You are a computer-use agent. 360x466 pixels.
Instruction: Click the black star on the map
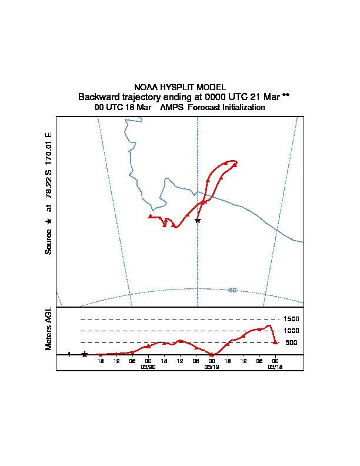pos(198,220)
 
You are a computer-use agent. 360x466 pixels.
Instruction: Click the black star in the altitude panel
pos(85,354)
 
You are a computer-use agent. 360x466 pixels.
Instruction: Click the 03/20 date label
pos(148,366)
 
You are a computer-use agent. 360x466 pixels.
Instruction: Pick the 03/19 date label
pos(211,366)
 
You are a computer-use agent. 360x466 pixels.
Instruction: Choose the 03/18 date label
pos(275,366)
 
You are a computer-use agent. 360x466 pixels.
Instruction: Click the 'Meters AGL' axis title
pos(49,329)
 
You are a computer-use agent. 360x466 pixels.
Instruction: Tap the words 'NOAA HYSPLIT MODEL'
pos(180,87)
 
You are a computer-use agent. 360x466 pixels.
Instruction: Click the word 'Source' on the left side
pos(49,241)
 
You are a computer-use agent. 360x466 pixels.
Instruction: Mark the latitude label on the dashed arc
pos(232,289)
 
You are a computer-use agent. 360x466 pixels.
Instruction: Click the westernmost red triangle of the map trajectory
pos(151,216)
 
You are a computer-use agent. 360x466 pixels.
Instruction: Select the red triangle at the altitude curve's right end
pos(275,342)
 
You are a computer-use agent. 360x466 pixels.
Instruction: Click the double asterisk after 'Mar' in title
pos(286,96)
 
